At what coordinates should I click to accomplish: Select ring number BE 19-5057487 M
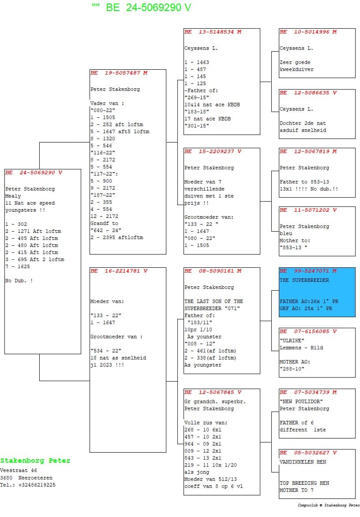coord(119,73)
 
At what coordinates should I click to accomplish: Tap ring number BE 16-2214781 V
coord(119,271)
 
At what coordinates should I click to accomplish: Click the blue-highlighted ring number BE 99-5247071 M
coord(308,271)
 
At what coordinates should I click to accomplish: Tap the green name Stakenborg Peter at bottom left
coord(35,461)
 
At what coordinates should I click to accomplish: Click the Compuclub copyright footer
coord(329,505)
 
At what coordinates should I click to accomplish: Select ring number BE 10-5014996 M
coord(308,32)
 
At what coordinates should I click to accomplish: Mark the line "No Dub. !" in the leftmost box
coord(19,281)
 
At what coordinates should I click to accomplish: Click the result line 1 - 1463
coord(197,62)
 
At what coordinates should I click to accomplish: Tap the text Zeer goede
coord(295,62)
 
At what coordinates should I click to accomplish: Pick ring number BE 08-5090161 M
coord(213,271)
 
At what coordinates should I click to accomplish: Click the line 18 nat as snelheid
coord(118,358)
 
